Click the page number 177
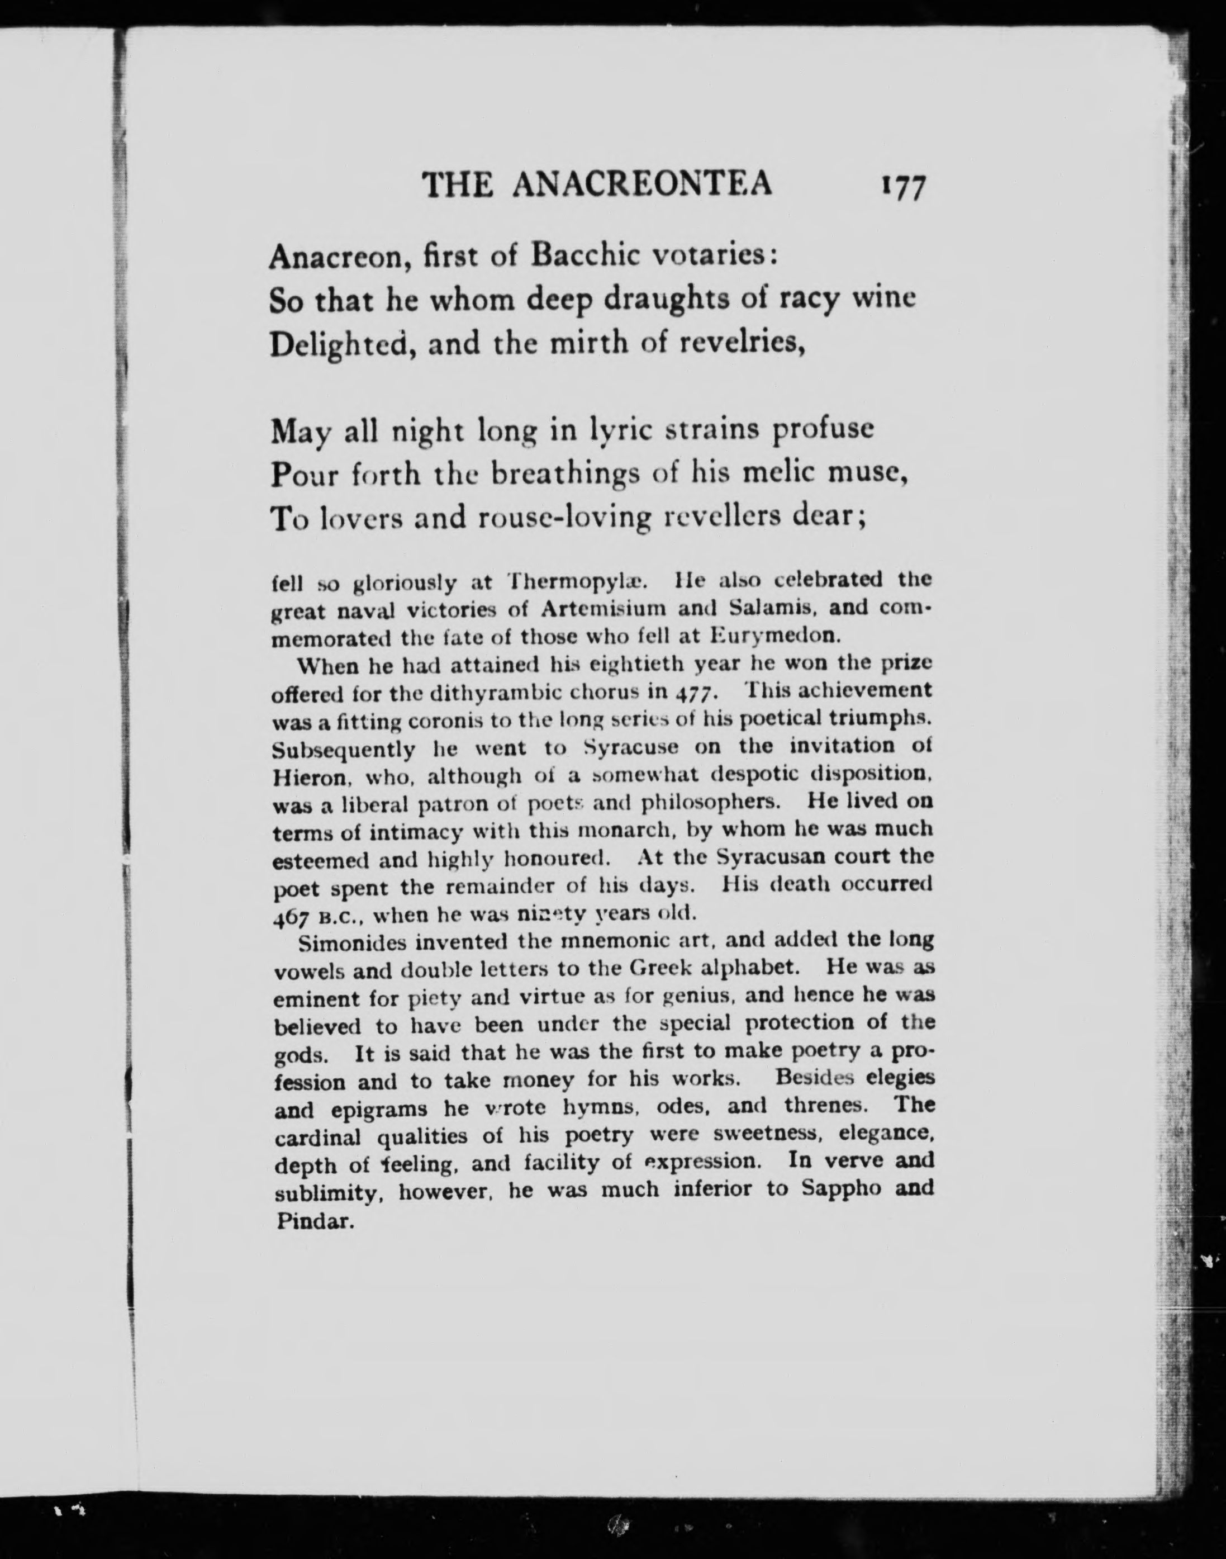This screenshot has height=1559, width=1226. [x=901, y=188]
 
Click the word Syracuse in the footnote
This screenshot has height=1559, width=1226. [x=631, y=747]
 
